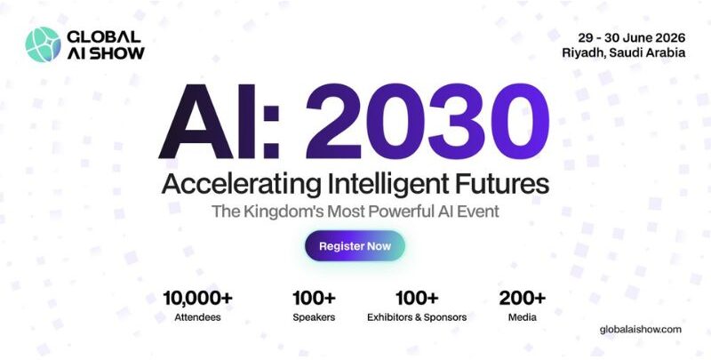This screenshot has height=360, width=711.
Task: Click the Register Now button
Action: coord(355,246)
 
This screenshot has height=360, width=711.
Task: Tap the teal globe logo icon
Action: coord(42,44)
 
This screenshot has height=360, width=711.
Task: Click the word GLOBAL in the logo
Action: coord(103,36)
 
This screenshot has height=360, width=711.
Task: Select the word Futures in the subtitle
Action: coord(502,185)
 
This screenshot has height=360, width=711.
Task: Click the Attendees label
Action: coord(197,316)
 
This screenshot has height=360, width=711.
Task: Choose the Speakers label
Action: coord(314,316)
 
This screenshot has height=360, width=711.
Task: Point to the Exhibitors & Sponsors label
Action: coord(417,316)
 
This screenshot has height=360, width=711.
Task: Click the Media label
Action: coord(523,316)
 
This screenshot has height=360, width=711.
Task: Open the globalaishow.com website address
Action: coord(641,329)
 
